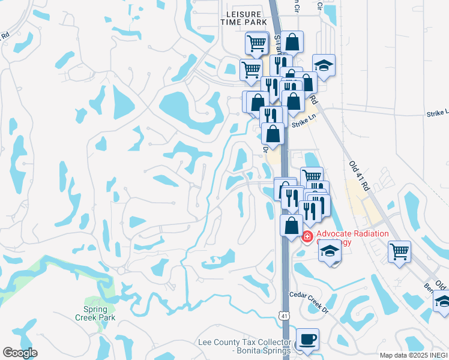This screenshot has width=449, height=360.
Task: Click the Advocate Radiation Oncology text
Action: click(x=353, y=238)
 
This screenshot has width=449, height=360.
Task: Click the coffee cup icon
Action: click(x=307, y=339)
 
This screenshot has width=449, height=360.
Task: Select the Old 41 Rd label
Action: click(x=360, y=175)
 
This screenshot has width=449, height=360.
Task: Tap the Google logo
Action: click(x=20, y=353)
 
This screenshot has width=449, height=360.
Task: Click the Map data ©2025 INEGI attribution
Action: click(x=414, y=355)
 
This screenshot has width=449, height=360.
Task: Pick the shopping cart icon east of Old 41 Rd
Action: click(x=399, y=251)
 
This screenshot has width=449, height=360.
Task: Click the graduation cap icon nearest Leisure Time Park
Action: click(x=324, y=65)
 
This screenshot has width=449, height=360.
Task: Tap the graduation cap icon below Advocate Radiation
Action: click(x=330, y=251)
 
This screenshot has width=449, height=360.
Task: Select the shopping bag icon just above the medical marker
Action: click(x=292, y=226)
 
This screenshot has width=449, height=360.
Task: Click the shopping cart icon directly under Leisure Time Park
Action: click(x=256, y=43)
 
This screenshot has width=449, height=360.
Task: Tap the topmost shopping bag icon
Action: click(x=292, y=42)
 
